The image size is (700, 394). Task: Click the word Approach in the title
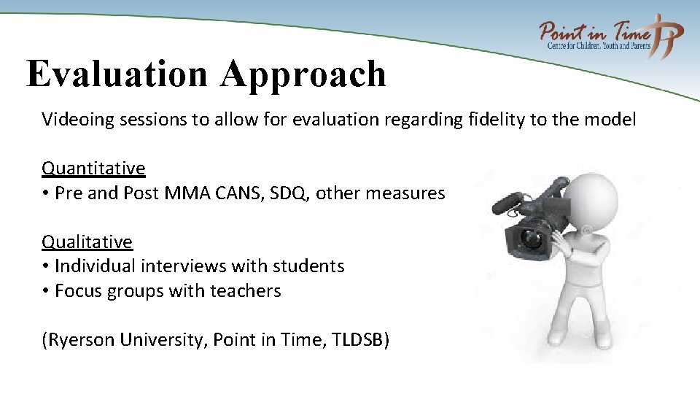[x=305, y=74]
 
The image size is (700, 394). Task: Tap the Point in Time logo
[x=611, y=36]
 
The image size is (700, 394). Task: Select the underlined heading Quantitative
[x=93, y=169]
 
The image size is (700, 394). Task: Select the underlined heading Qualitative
[x=87, y=242]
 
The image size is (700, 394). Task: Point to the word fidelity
[x=495, y=120]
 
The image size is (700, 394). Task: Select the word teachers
[x=245, y=291]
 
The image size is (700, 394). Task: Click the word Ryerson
[x=77, y=340]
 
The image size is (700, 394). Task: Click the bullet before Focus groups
[x=46, y=291]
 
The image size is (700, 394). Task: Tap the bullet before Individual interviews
[x=46, y=266]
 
